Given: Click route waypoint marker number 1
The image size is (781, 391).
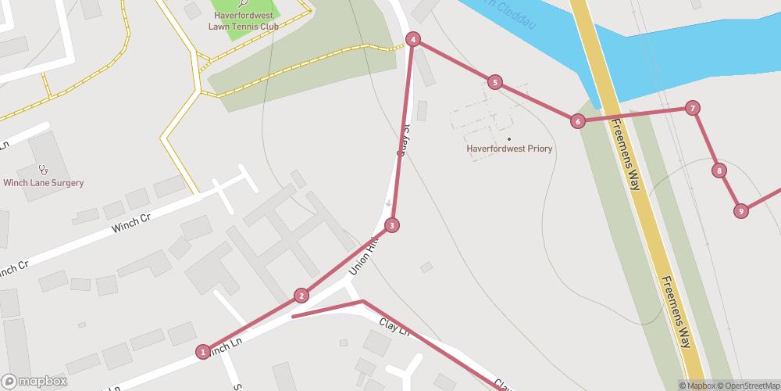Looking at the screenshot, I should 203,352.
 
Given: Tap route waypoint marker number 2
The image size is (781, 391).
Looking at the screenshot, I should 301,296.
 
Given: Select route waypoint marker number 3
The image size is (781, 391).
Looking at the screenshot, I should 392,225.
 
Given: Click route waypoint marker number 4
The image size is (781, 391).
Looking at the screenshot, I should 413,39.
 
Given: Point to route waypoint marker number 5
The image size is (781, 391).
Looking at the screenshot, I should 494,82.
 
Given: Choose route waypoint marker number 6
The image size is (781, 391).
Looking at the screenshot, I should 577,120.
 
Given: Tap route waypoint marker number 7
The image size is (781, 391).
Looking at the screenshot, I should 692,109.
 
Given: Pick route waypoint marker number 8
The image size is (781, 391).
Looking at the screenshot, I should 719,170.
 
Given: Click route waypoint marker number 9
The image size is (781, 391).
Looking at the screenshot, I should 740,210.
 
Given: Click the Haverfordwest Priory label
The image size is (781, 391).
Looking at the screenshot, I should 508,149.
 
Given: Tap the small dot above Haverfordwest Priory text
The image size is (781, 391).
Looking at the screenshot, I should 509,139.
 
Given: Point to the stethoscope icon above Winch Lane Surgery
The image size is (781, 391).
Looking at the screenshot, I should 44,168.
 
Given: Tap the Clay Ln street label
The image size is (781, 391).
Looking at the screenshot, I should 394,326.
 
